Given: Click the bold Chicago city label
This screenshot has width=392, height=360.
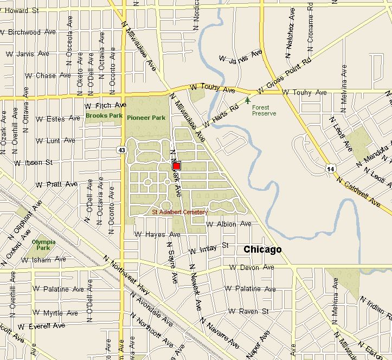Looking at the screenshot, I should point(262,250).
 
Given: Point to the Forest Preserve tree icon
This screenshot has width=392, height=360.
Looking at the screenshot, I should point(248,100).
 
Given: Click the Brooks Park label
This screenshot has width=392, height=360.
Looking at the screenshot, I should point(104,115).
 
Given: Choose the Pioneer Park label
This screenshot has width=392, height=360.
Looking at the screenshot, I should point(146,118).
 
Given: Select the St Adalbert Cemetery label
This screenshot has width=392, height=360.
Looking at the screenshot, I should point(179,212).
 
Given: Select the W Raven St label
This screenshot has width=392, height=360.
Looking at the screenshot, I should point(249,312).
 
